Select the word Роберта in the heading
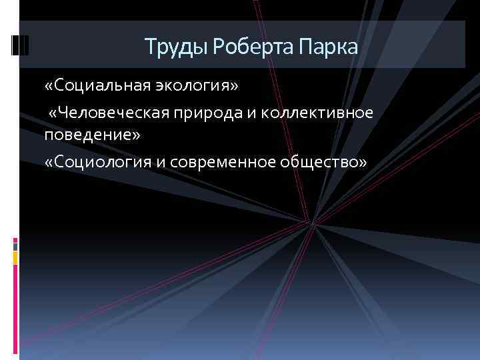239,47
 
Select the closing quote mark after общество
362,163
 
